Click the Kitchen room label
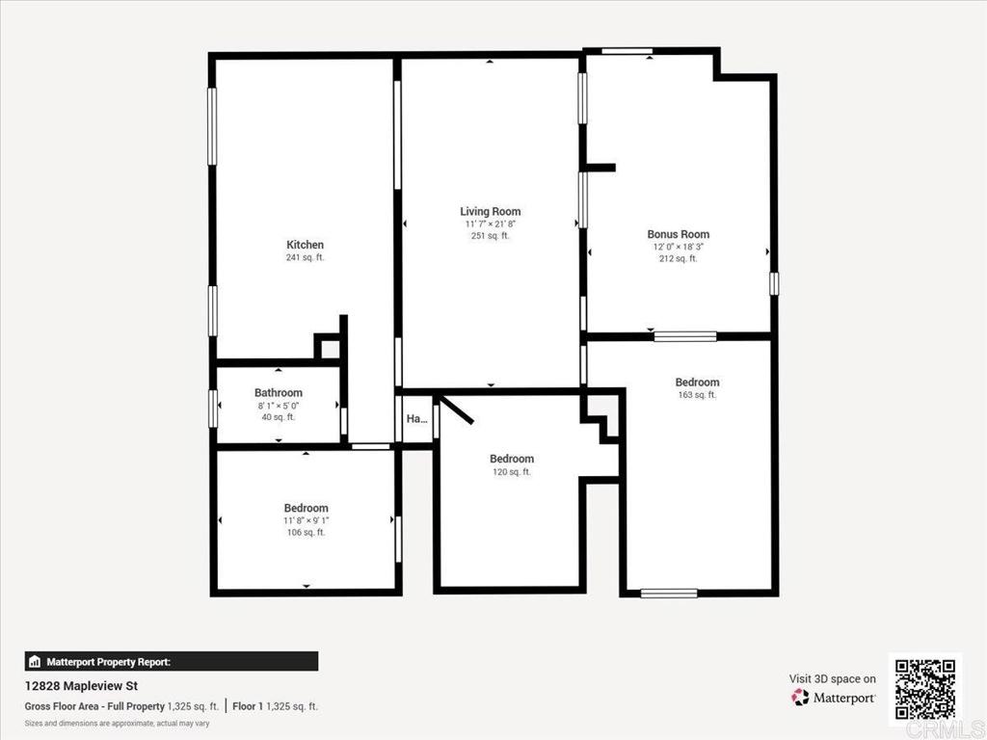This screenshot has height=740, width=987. (305, 245)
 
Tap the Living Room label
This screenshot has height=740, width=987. (490, 211)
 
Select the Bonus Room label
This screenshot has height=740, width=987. (678, 234)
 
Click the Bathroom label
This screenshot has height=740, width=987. (279, 392)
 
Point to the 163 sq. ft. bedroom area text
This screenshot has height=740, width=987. (697, 395)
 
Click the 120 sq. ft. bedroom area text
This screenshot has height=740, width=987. (511, 472)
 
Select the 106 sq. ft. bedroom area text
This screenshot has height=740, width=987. (306, 532)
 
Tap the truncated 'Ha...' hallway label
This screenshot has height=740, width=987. (416, 419)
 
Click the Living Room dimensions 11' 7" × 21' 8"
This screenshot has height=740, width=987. (490, 224)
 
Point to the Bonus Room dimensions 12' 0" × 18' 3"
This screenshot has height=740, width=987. (678, 247)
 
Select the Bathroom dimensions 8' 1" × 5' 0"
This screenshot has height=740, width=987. (279, 405)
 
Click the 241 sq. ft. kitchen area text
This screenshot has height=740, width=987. (305, 258)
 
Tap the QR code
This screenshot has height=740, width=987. (924, 689)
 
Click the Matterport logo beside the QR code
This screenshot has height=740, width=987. (833, 697)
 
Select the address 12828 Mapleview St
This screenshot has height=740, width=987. (81, 686)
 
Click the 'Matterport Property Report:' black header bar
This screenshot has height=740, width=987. (171, 662)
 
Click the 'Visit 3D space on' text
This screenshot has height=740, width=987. (832, 678)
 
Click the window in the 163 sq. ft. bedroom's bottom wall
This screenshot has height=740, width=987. (668, 593)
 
